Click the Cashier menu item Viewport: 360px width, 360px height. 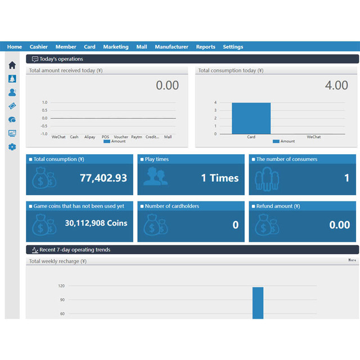pos(39,47)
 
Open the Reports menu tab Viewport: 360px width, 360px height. pos(205,47)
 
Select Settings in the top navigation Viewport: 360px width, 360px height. pos(233,47)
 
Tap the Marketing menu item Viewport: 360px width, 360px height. pos(116,47)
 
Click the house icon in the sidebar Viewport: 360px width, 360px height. pos(12,65)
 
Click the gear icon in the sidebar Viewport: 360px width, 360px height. pos(12,147)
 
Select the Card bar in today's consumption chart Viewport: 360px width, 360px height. pos(251,118)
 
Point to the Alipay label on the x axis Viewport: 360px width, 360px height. pos(89,137)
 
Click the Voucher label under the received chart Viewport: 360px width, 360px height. pos(121,137)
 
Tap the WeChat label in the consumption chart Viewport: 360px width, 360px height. pos(314,137)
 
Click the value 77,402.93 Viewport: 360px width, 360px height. pos(103,178)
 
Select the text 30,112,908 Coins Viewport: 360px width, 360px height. pos(96,223)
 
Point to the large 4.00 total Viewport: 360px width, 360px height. pos(336,85)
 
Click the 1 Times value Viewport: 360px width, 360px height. pos(220,178)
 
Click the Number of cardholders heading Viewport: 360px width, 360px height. pos(172,206)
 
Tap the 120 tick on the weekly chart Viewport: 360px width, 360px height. pos(61,286)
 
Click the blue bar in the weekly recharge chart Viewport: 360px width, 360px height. pos(258,303)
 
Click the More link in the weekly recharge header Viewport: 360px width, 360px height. pos(352,260)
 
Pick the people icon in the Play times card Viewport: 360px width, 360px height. pos(155,176)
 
